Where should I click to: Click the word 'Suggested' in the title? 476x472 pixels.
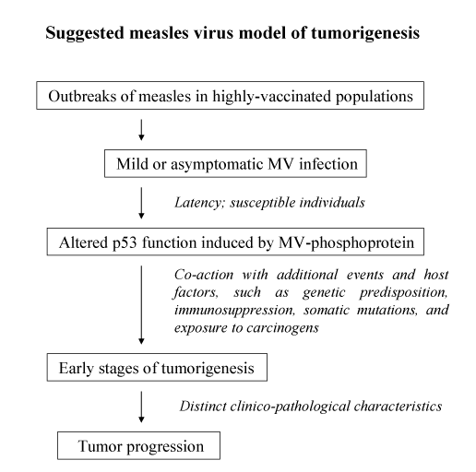click(x=85, y=33)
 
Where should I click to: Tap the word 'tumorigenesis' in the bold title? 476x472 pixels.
click(x=365, y=33)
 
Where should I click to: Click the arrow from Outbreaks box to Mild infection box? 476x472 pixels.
click(x=141, y=130)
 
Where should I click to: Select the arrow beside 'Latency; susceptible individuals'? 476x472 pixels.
click(x=141, y=203)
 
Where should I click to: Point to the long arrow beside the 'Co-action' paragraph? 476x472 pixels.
click(x=141, y=305)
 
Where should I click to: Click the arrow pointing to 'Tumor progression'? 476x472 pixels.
click(x=141, y=407)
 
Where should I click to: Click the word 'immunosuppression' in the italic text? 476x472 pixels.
click(x=234, y=311)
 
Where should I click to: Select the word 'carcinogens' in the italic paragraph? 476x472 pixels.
click(x=282, y=328)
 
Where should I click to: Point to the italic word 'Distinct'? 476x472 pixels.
click(x=203, y=406)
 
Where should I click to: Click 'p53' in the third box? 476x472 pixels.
click(x=125, y=243)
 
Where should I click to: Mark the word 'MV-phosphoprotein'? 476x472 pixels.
click(x=347, y=243)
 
